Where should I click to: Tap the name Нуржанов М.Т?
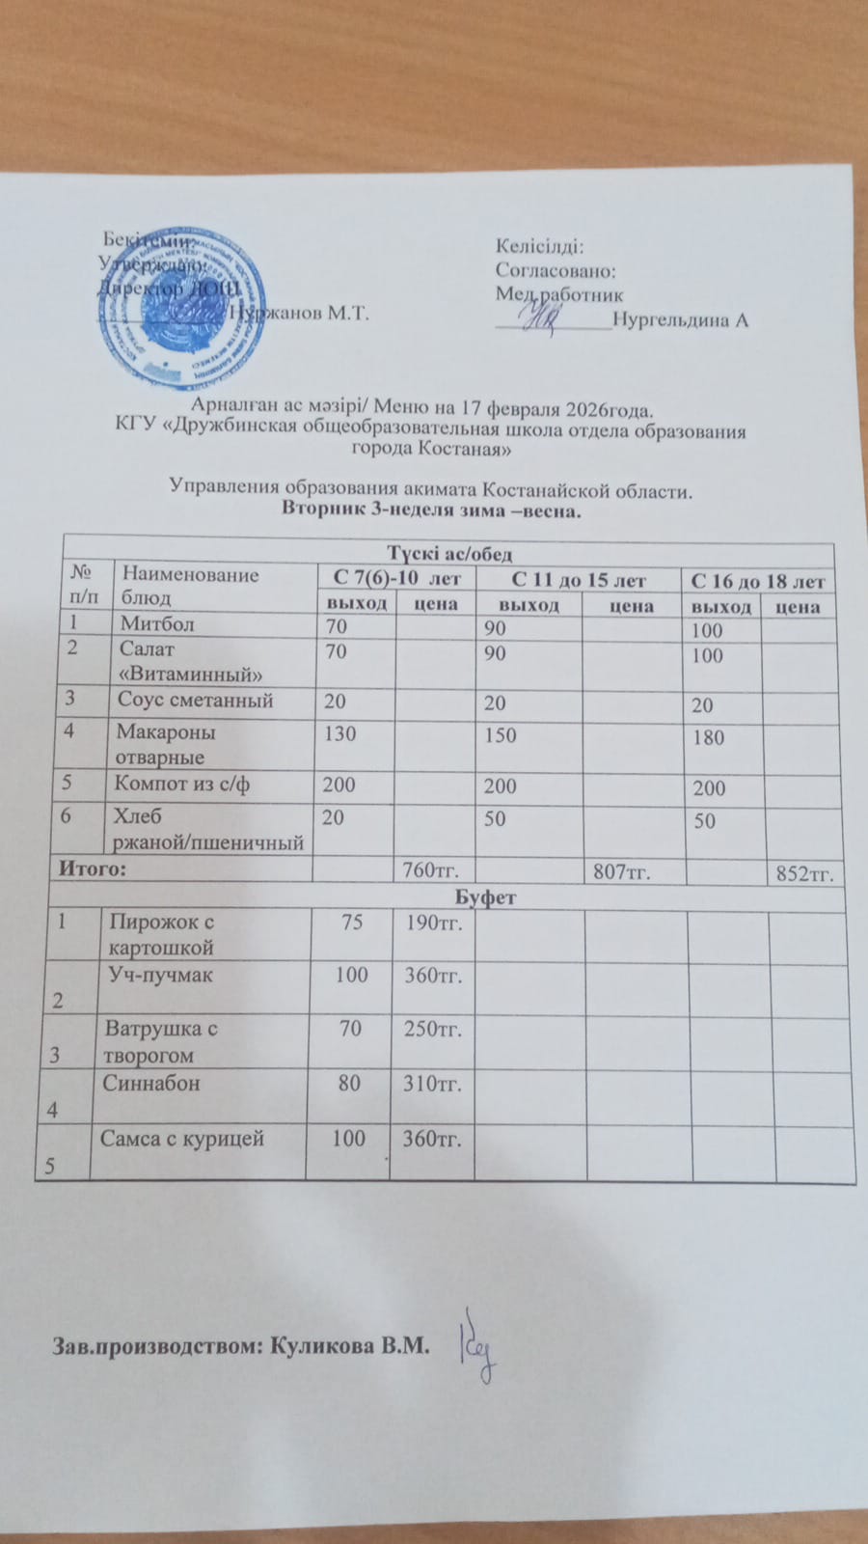(300, 313)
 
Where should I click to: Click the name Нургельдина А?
(680, 320)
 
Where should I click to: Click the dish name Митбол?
(156, 624)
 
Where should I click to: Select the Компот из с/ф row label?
(182, 784)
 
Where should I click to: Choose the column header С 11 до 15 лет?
(578, 580)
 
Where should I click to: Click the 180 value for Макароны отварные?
(709, 738)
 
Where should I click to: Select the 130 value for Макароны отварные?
(339, 733)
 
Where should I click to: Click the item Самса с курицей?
(182, 1139)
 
